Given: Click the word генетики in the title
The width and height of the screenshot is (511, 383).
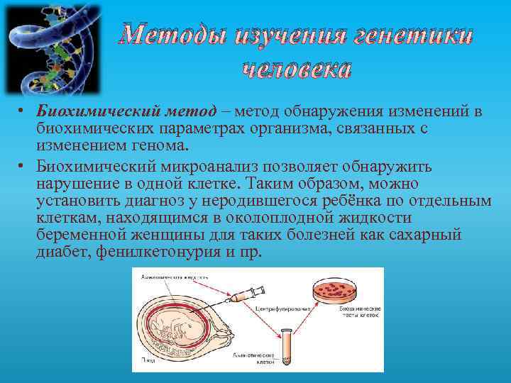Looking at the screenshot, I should (404, 35).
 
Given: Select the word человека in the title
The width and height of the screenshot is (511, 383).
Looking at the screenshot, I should (297, 69).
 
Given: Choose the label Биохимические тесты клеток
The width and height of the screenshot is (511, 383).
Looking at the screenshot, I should (360, 313).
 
